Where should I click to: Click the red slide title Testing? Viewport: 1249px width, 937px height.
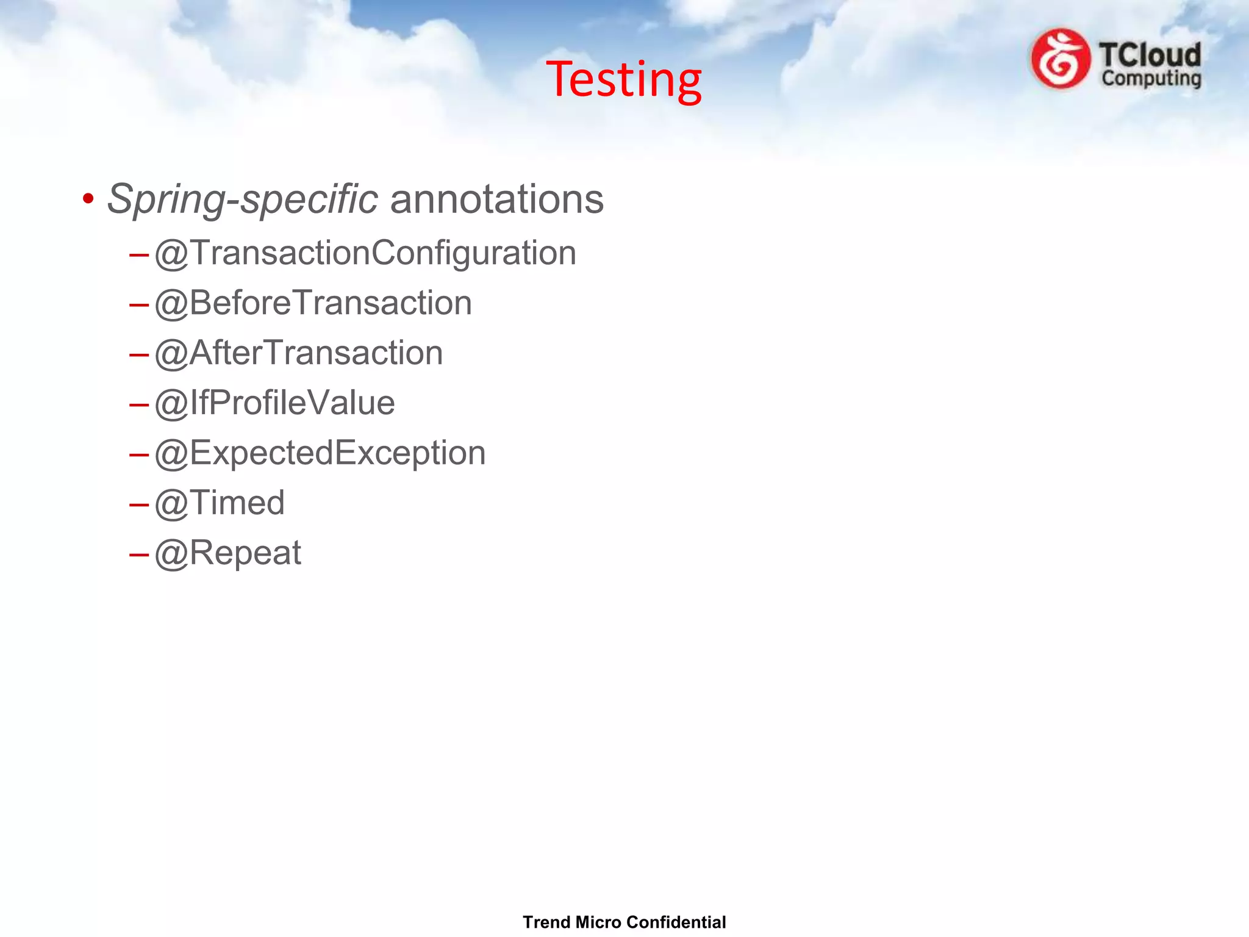[623, 79]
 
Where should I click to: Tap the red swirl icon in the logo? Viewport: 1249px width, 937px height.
[1060, 59]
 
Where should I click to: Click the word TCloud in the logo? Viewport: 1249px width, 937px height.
[1150, 55]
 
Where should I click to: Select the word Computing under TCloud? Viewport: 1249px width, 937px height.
[1151, 79]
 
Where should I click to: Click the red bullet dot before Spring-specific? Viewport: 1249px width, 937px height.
[88, 199]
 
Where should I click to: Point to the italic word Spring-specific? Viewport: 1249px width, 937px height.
[242, 199]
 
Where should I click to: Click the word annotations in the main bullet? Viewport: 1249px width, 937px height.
[496, 199]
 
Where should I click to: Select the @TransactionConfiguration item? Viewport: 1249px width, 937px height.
[365, 253]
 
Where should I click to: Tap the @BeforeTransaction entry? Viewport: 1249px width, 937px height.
[313, 303]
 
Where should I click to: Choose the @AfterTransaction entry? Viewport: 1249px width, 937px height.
[298, 353]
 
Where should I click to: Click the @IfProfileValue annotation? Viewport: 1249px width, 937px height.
[274, 403]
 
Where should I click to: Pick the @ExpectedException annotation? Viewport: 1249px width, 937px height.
[320, 453]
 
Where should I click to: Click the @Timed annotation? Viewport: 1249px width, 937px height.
[220, 503]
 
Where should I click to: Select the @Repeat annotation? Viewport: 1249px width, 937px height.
[227, 553]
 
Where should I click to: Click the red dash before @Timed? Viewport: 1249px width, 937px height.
[139, 504]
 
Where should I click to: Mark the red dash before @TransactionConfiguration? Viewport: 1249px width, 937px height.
[139, 254]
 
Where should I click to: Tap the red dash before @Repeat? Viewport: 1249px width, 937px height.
[139, 555]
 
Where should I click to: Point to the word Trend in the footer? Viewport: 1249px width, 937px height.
[546, 922]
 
